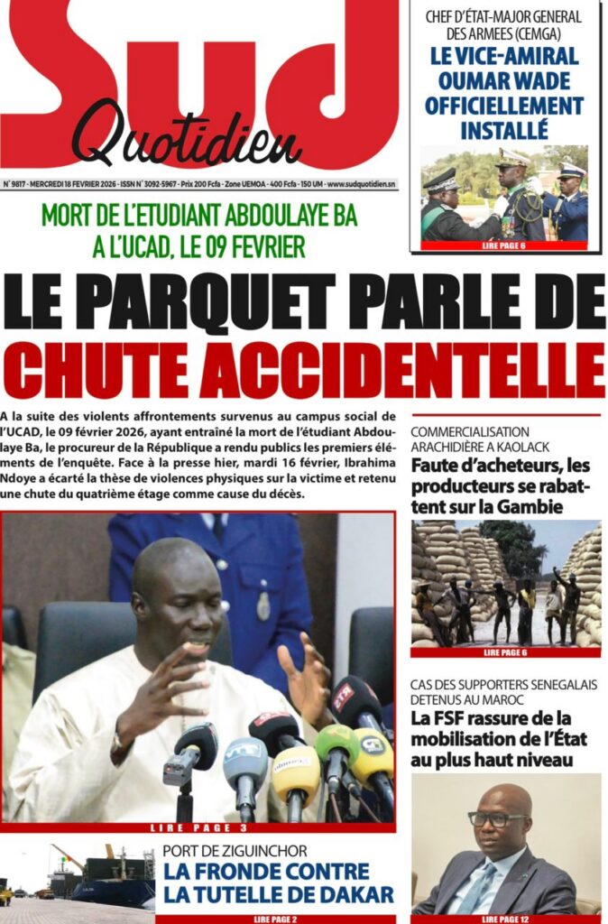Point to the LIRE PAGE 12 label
[x=506, y=919]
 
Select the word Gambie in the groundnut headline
[x=532, y=507]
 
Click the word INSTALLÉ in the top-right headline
[x=503, y=130]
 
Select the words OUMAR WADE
[x=503, y=81]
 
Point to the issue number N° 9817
[x=15, y=185]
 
